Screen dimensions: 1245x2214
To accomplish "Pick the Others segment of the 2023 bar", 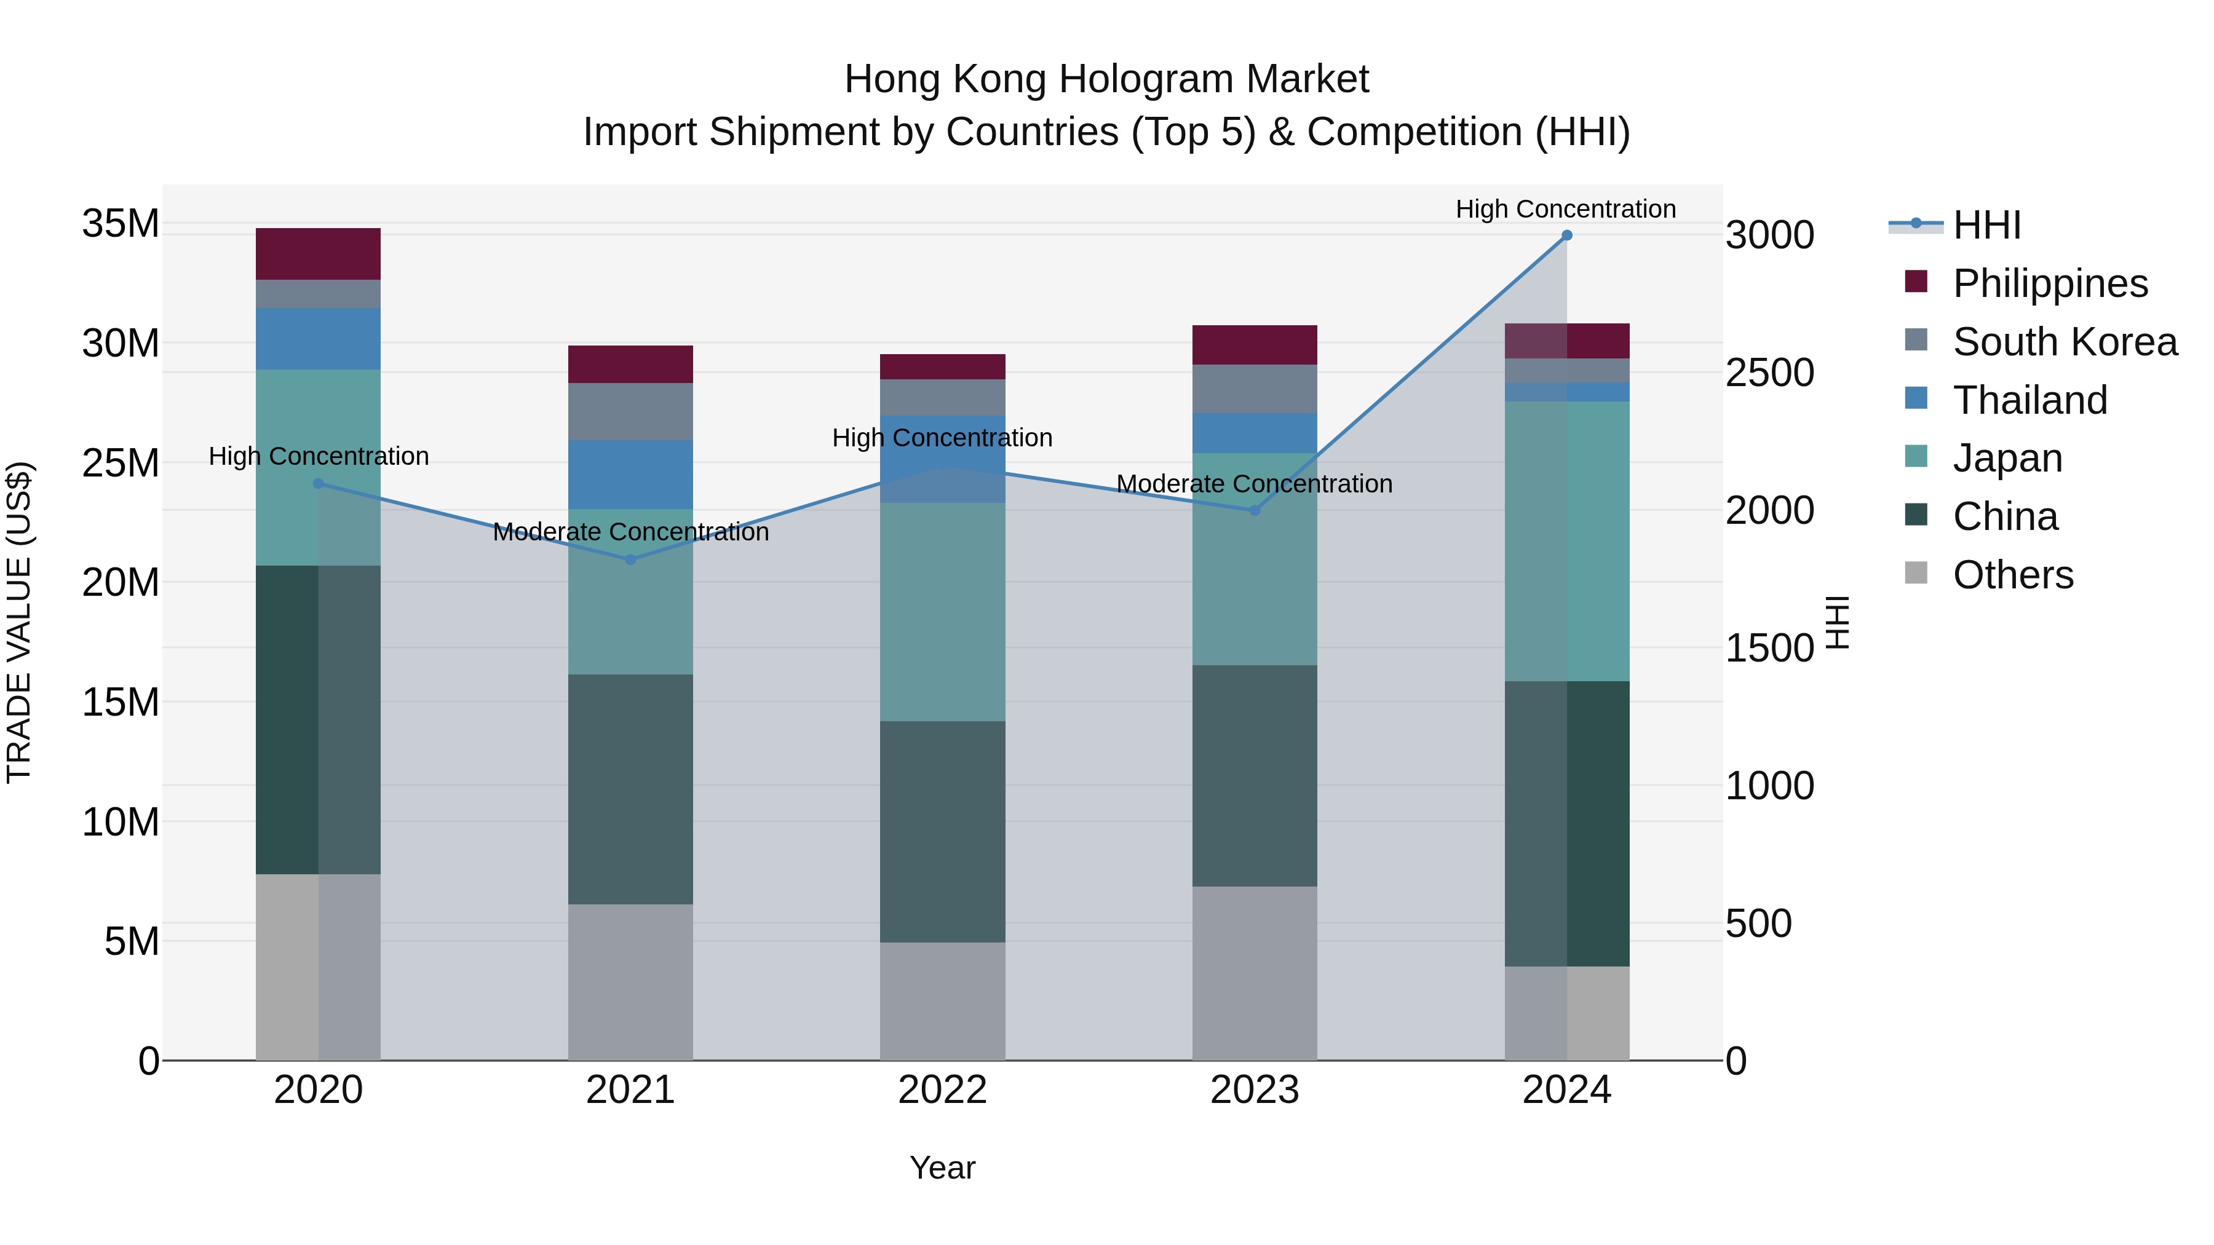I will [x=1254, y=973].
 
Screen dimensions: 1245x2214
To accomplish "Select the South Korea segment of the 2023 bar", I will [x=1254, y=389].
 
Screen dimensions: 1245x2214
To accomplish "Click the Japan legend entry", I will [x=2007, y=458].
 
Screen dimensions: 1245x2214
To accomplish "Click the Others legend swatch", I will [x=1916, y=573].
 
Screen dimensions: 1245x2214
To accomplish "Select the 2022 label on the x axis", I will [x=942, y=1090].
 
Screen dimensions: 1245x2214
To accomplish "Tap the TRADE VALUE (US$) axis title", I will [x=19, y=622].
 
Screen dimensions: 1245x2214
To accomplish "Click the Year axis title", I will [x=942, y=1168].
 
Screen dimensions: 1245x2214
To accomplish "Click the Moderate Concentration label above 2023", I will [x=1254, y=484].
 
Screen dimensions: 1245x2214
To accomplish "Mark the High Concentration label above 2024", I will [x=1565, y=209].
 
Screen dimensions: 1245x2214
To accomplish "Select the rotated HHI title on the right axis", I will [x=1836, y=622].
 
